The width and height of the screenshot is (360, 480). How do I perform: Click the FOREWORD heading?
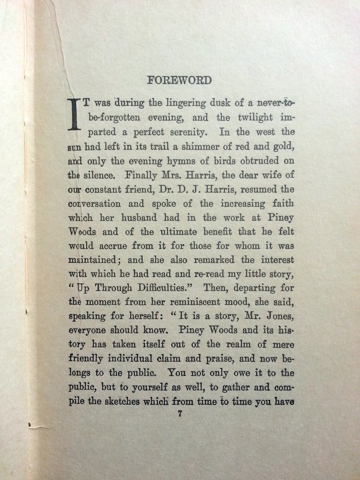180,80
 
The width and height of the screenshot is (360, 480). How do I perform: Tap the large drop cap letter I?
73,114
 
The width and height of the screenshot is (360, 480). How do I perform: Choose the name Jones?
279,317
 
